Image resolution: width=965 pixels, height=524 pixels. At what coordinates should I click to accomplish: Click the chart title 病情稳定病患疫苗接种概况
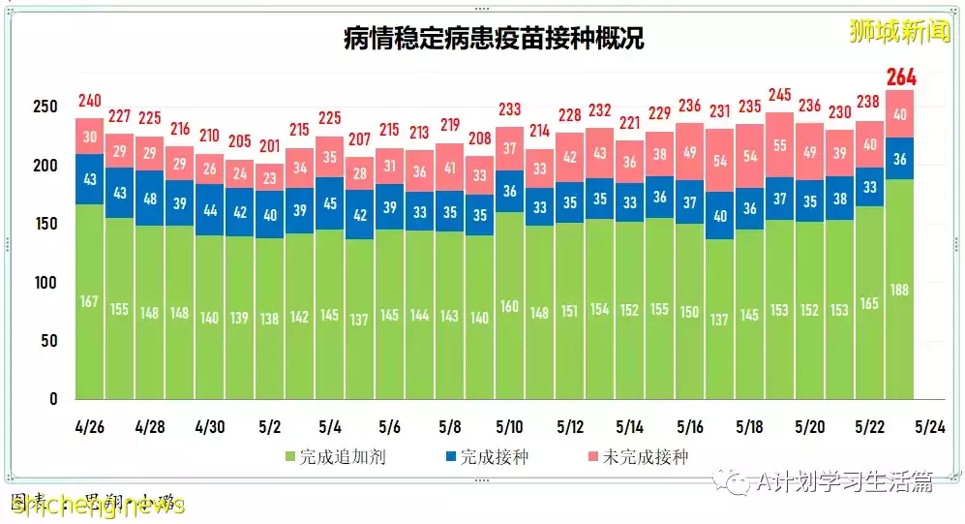[494, 39]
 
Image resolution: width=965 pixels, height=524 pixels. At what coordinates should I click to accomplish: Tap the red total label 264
[899, 77]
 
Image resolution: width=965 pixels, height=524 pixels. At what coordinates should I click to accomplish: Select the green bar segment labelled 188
[899, 289]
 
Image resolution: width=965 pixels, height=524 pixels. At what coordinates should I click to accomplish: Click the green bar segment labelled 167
[90, 301]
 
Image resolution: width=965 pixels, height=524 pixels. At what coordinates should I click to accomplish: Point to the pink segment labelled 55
[779, 144]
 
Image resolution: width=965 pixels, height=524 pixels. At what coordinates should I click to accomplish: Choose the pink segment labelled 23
[270, 178]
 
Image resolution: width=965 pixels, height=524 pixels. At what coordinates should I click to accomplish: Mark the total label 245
[779, 95]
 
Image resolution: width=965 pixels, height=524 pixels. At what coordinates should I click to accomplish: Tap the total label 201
[270, 147]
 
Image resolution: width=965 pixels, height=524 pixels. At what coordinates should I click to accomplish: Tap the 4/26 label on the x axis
[90, 427]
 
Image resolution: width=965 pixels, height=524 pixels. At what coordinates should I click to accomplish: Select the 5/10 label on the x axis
[510, 427]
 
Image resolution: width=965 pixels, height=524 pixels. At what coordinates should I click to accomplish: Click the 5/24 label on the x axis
[929, 427]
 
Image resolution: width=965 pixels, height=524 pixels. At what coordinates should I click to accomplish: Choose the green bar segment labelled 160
[510, 305]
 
